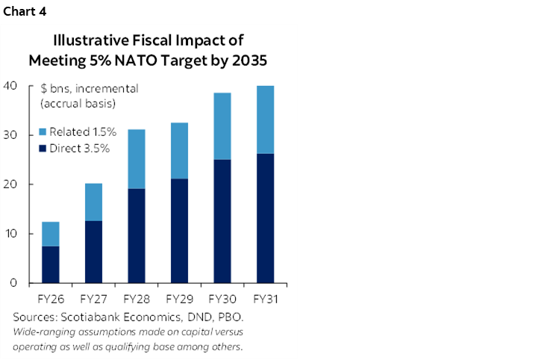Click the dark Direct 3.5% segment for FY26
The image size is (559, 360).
50,264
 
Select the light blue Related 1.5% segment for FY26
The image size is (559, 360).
50,234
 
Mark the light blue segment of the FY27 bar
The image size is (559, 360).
93,202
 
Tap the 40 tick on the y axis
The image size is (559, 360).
10,86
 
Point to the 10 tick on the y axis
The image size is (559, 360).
10,234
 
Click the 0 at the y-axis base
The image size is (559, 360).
13,283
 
